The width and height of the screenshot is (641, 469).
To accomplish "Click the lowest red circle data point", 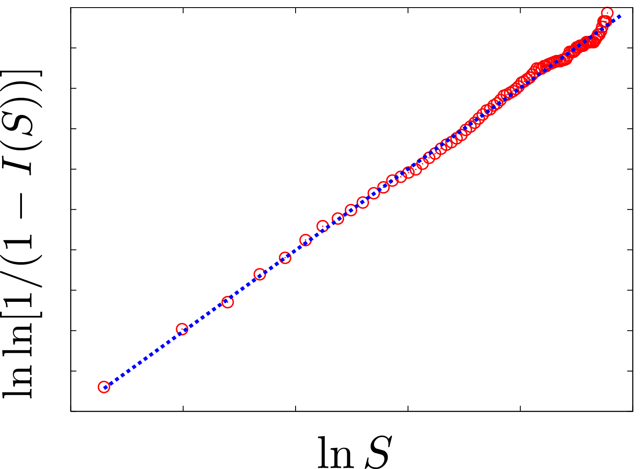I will [104, 387].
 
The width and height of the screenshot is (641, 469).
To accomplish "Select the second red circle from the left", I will [182, 329].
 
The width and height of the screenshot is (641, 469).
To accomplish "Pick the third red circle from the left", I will [228, 302].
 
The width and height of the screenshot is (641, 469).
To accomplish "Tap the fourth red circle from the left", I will [259, 274].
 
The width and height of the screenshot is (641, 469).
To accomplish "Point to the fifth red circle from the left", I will [285, 258].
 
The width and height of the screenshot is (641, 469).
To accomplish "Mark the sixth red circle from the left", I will [305, 240].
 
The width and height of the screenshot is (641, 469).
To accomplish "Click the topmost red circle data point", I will [607, 12].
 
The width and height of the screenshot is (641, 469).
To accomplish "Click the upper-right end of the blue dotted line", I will [620, 16].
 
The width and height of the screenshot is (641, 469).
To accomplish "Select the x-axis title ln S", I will [353, 453].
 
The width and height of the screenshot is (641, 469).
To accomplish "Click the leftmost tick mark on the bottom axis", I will [183, 408].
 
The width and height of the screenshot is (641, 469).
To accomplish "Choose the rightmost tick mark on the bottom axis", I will [520, 408].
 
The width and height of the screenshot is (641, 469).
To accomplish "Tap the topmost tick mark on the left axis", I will [73, 48].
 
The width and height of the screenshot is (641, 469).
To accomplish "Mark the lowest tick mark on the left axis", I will [73, 371].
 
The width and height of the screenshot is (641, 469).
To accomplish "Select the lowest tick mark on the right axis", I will [630, 371].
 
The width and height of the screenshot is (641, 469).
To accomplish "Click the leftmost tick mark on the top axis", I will [183, 11].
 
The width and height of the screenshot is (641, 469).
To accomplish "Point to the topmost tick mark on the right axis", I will [630, 48].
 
